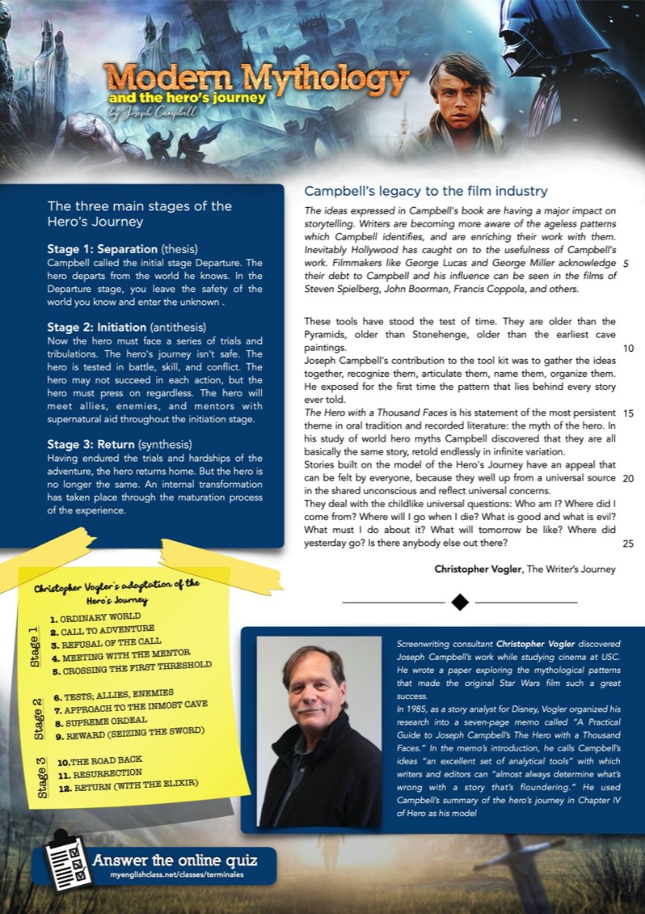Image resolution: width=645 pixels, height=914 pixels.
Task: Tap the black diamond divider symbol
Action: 460,602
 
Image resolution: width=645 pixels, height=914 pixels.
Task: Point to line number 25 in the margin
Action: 628,544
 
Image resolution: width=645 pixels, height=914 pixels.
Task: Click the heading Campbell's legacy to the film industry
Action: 426,192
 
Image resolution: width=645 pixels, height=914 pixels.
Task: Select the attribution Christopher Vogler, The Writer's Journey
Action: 525,569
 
